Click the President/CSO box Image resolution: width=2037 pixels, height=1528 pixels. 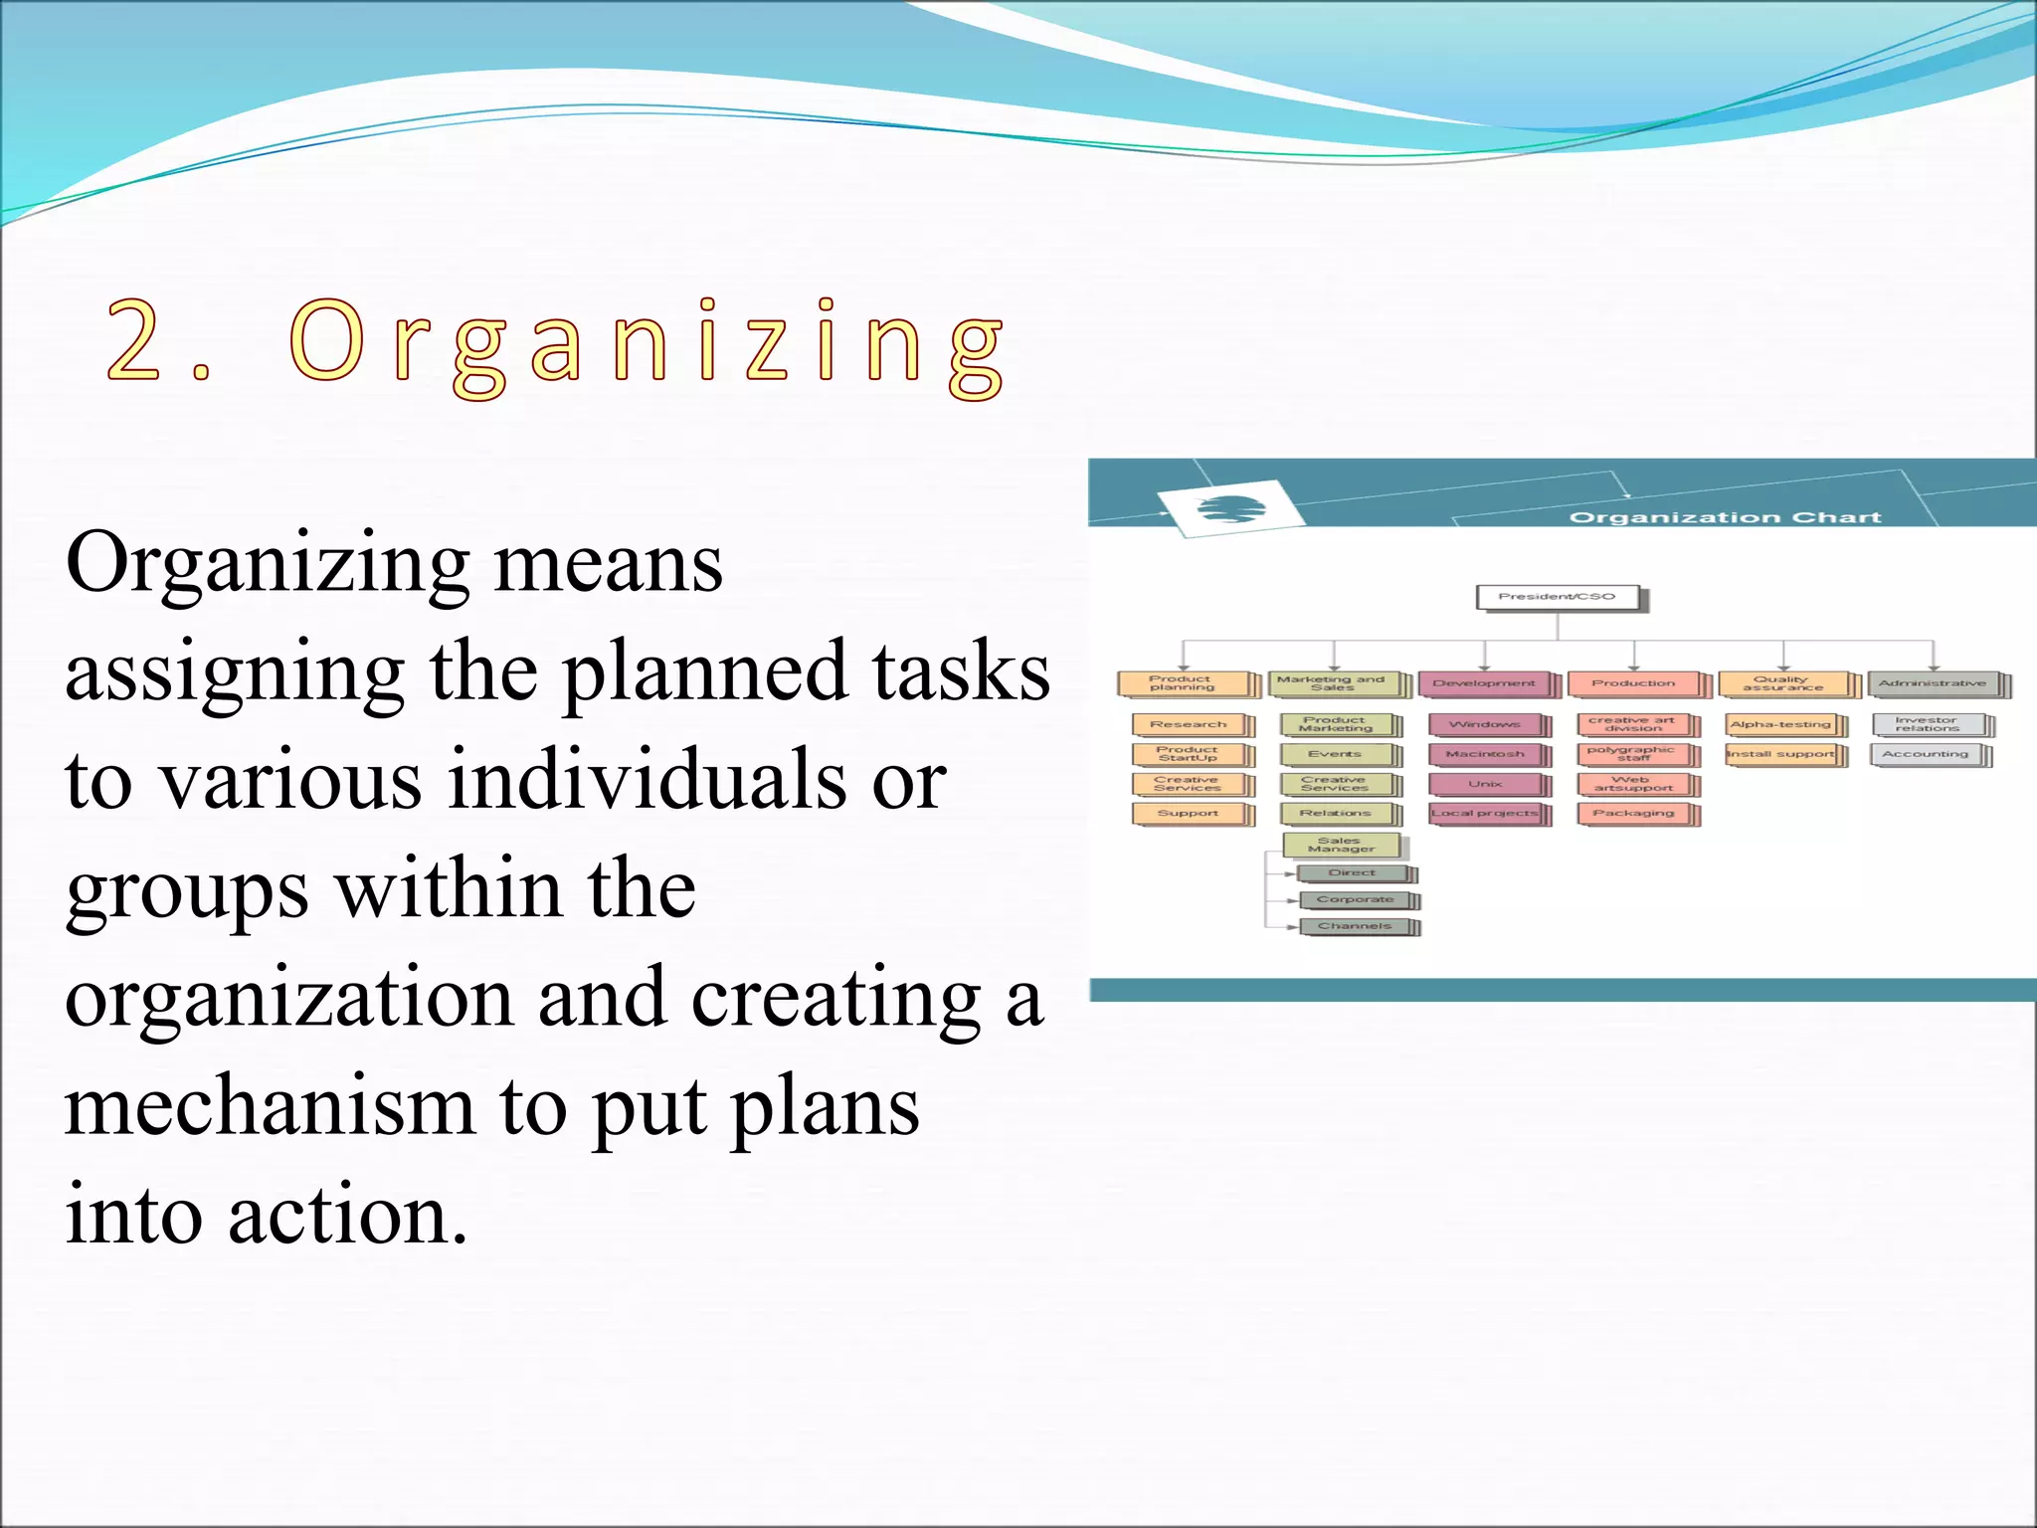pos(1557,597)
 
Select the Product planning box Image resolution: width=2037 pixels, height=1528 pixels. pos(1183,683)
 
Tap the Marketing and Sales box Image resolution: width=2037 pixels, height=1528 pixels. pos(1333,683)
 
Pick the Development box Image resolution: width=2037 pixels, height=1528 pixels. pos(1484,683)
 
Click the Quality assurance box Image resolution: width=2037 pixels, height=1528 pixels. pos(1783,683)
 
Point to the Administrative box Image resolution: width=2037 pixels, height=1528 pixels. pos(1933,683)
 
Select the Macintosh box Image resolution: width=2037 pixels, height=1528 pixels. pos(1485,754)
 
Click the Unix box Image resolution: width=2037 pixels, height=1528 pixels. pos(1485,784)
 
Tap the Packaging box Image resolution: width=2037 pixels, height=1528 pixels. pos(1634,814)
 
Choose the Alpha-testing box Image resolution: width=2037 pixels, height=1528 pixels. pos(1781,724)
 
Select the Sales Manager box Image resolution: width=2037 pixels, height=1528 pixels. pos(1341,845)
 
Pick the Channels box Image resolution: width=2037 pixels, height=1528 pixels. pos(1355,926)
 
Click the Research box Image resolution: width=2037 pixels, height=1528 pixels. pos(1189,724)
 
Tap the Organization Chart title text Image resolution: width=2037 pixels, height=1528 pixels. pos(1725,517)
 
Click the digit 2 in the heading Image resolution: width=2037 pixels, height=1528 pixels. pos(134,340)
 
